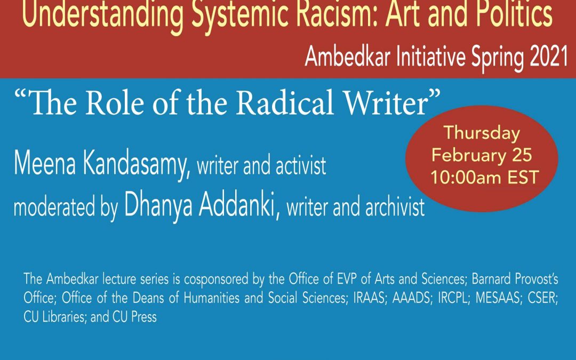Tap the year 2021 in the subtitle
[549, 57]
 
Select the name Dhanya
[158, 207]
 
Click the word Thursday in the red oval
[482, 133]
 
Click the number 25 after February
[522, 155]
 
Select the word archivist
[395, 207]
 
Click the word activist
[300, 166]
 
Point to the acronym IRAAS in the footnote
[369, 298]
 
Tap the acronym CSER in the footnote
[543, 298]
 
